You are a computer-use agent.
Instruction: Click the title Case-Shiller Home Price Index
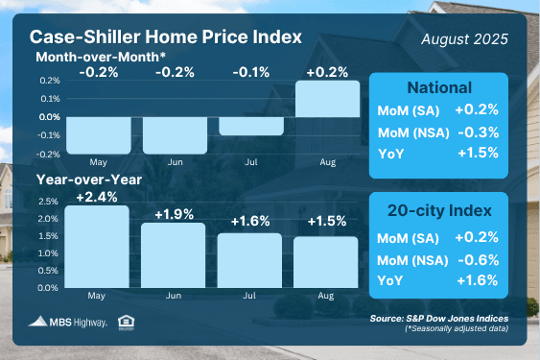(x=166, y=37)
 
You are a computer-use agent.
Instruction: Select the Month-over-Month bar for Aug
(x=327, y=98)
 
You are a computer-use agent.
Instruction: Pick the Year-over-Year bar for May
(x=99, y=247)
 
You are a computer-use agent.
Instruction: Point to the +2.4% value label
(x=98, y=196)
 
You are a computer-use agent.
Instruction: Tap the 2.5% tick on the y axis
(x=49, y=203)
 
